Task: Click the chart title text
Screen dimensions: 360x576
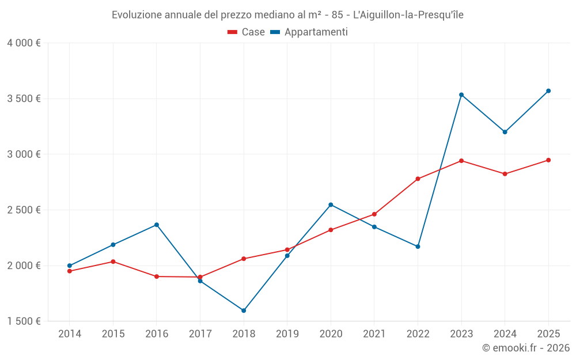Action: [287, 15]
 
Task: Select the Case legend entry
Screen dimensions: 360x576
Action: [246, 32]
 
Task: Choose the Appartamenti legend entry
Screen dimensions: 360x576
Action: [309, 32]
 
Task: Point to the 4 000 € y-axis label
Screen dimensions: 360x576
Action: [24, 43]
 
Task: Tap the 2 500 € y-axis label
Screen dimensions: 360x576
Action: [24, 210]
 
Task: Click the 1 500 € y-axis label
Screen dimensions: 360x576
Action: [24, 321]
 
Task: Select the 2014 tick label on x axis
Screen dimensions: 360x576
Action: [70, 334]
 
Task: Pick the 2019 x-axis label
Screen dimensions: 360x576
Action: [287, 334]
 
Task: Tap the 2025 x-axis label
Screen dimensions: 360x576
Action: [548, 334]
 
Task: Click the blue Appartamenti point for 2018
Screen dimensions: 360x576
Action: [244, 310]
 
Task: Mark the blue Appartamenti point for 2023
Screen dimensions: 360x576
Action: [461, 94]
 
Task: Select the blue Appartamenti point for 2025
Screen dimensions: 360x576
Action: [548, 91]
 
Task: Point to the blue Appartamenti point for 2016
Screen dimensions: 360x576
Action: [157, 225]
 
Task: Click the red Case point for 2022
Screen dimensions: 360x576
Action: [418, 179]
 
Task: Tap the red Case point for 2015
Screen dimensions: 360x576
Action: [113, 262]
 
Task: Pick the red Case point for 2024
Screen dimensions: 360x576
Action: [505, 174]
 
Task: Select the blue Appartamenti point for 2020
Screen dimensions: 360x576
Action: [331, 204]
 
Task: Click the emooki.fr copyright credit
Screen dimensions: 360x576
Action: [525, 348]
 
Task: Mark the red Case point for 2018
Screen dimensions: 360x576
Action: [244, 259]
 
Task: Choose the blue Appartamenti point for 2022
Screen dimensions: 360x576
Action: [418, 247]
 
